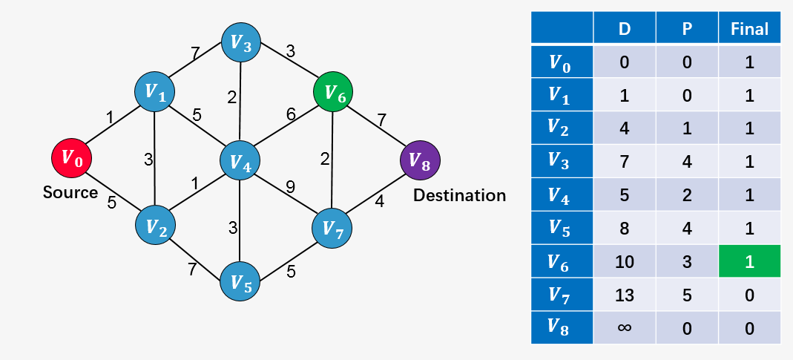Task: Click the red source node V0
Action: coord(71,157)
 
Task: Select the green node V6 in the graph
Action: coord(333,94)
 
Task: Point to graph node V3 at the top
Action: coord(242,43)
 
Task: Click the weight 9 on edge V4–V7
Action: coord(291,186)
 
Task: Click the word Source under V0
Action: coord(70,193)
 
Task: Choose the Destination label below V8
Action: coord(459,195)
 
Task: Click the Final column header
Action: coord(749,29)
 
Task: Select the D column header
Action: coord(624,29)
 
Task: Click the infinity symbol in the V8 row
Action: coord(624,327)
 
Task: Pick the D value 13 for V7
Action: coord(624,295)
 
